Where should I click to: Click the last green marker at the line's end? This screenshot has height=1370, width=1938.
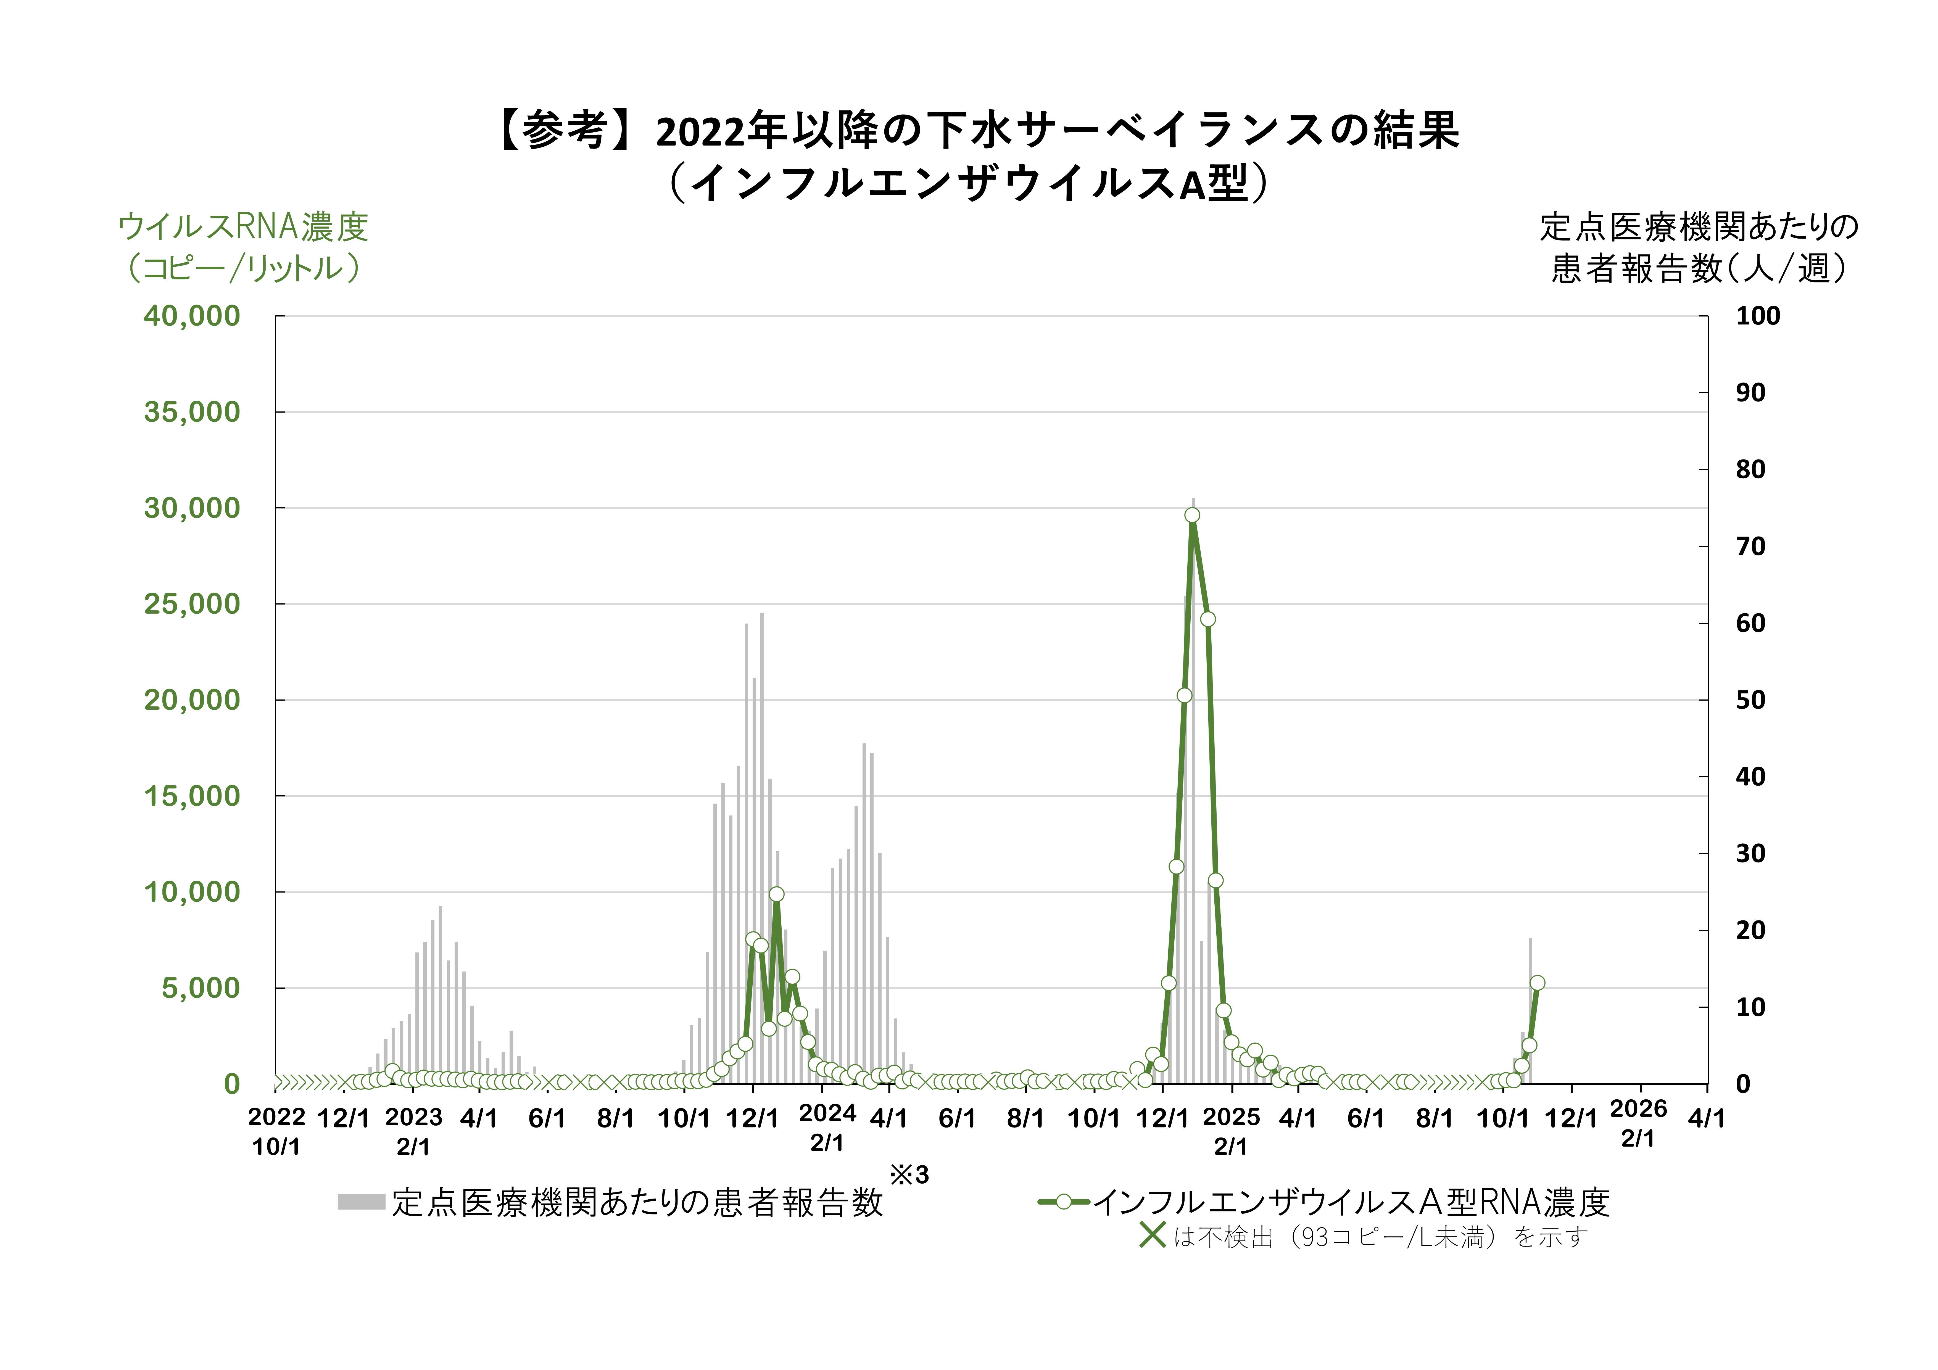click(1537, 983)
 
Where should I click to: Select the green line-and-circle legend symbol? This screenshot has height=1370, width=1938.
click(1064, 1201)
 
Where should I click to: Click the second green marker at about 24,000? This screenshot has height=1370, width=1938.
click(1208, 619)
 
